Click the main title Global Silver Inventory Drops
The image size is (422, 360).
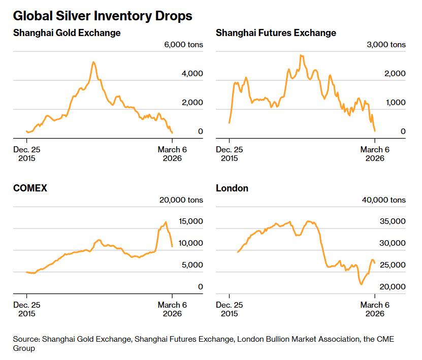103,16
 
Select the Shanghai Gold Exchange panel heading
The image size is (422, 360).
67,33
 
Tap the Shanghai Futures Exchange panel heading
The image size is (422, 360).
276,33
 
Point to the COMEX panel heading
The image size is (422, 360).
30,188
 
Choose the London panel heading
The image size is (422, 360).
232,188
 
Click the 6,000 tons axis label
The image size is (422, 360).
183,45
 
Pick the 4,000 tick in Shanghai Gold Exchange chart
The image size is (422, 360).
192,74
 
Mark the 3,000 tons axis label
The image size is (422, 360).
386,45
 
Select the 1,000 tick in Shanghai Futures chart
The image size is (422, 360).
396,103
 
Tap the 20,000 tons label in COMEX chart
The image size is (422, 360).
181,200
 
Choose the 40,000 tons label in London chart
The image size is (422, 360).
384,200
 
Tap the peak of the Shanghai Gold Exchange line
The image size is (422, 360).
93,62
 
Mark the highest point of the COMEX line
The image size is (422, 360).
166,222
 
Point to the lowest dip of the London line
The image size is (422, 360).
361,284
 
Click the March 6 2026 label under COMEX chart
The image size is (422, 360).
172,309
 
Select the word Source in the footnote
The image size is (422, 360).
27,339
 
